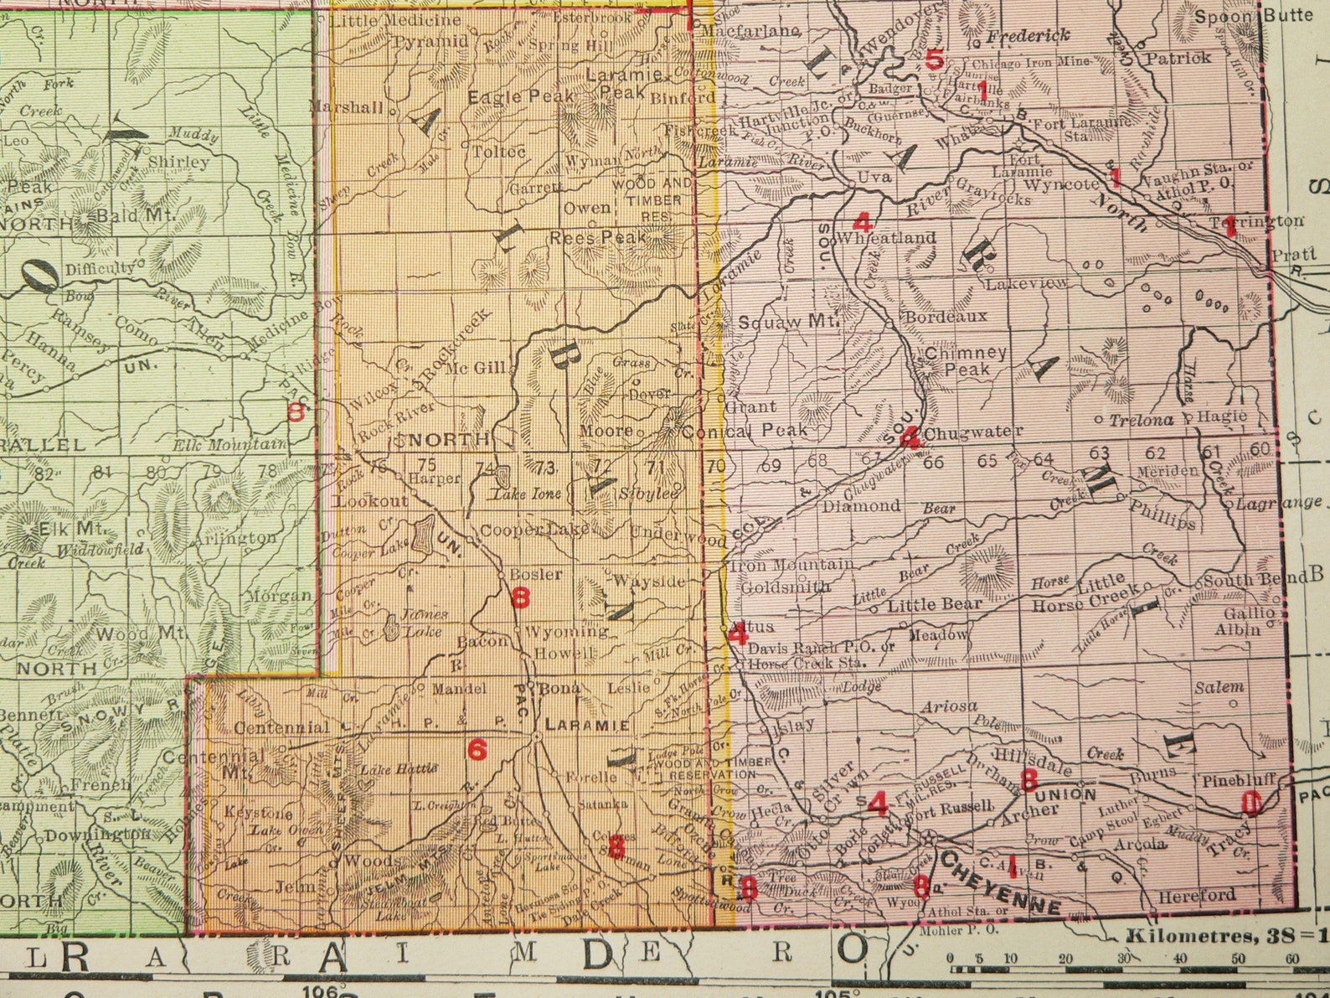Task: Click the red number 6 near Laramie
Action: tap(477, 749)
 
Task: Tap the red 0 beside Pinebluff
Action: tap(1250, 804)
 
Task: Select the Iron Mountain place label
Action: tap(792, 566)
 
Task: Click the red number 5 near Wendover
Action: tap(934, 60)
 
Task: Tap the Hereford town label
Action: tap(1197, 896)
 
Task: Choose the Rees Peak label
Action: tap(597, 238)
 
